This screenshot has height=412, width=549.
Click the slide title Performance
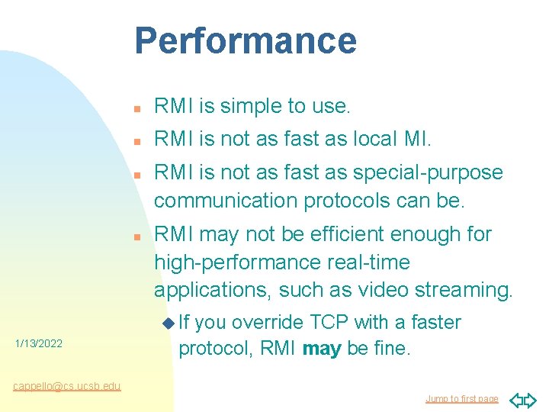(246, 40)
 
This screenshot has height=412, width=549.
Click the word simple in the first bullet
(245, 107)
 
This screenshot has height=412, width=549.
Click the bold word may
(322, 350)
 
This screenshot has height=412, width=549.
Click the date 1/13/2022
(38, 344)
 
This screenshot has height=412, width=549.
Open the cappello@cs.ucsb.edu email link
(67, 386)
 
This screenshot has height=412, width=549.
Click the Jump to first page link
(462, 399)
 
